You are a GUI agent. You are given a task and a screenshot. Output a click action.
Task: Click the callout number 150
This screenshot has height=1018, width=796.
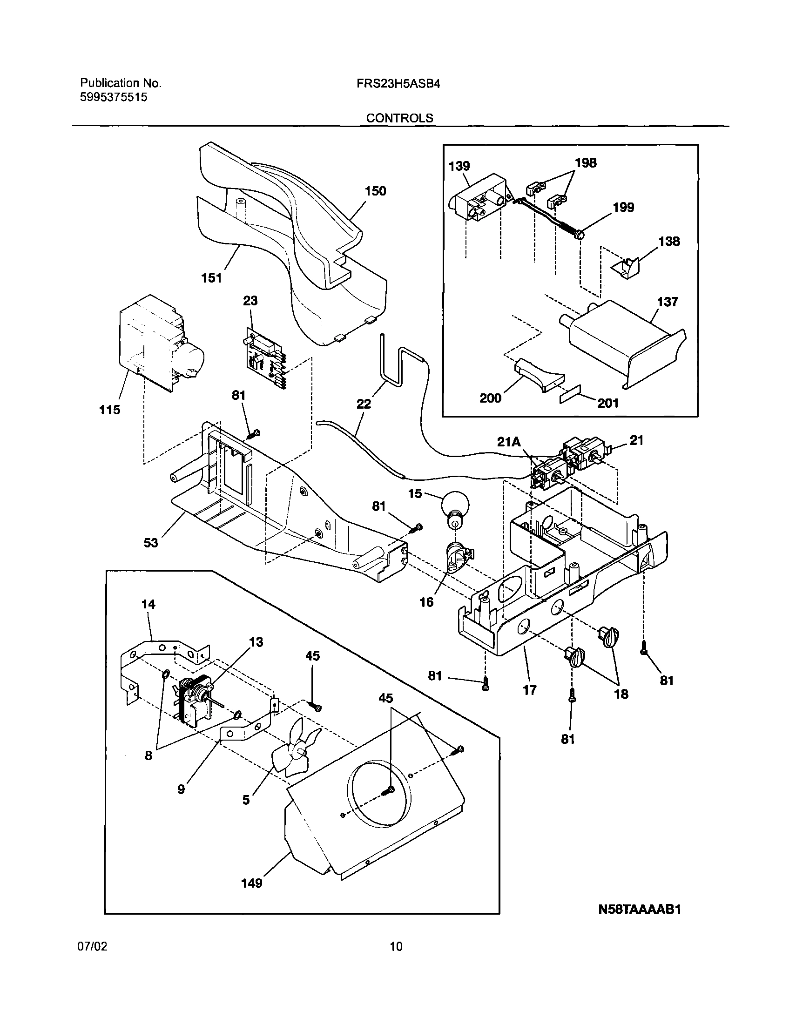pyautogui.click(x=375, y=191)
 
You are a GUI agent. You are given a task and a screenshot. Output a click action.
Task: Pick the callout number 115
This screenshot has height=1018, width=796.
pyautogui.click(x=109, y=410)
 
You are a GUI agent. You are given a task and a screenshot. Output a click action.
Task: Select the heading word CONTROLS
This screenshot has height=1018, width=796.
pyautogui.click(x=399, y=118)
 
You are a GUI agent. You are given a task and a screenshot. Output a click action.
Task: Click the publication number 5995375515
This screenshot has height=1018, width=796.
pyautogui.click(x=114, y=97)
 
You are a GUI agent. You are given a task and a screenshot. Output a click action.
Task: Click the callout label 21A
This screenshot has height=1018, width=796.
pyautogui.click(x=508, y=441)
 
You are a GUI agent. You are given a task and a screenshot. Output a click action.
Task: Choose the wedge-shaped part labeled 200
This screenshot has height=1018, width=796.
pyautogui.click(x=538, y=375)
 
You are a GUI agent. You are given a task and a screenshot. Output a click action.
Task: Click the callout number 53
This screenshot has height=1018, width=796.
pyautogui.click(x=150, y=543)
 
